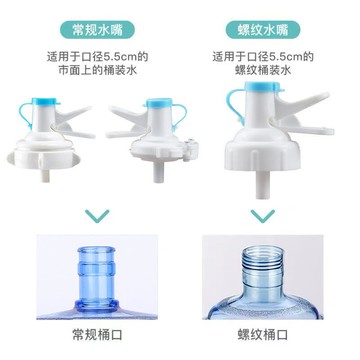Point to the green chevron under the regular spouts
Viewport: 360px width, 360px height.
point(97,214)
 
